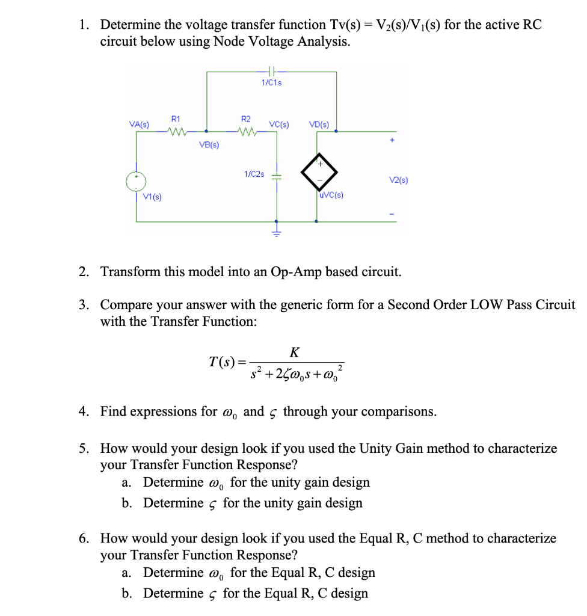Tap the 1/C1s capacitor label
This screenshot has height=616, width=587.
coord(272,82)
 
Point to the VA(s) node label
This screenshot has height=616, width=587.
coord(140,124)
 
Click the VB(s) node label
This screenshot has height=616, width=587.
coord(209,145)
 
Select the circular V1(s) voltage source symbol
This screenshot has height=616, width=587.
coord(137,182)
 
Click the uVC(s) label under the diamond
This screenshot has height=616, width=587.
coord(331,195)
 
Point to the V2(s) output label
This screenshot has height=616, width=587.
coord(398,179)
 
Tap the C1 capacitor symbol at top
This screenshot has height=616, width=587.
coord(272,72)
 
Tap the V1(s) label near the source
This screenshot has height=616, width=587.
coord(153,197)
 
